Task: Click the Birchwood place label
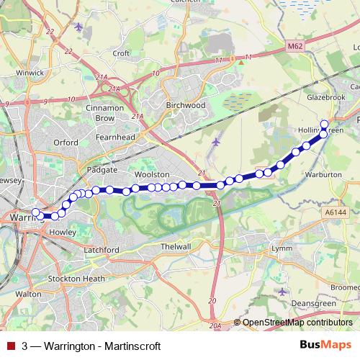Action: pyautogui.click(x=186, y=104)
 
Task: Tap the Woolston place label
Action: pyautogui.click(x=151, y=175)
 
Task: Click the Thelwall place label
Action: pyautogui.click(x=176, y=246)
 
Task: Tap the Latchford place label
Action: pyautogui.click(x=102, y=249)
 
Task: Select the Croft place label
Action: pyautogui.click(x=121, y=53)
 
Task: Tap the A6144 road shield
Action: pyautogui.click(x=336, y=212)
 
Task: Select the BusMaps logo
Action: pyautogui.click(x=320, y=344)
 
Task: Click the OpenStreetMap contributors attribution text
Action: pyautogui.click(x=297, y=323)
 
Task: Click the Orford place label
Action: pyautogui.click(x=65, y=143)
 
